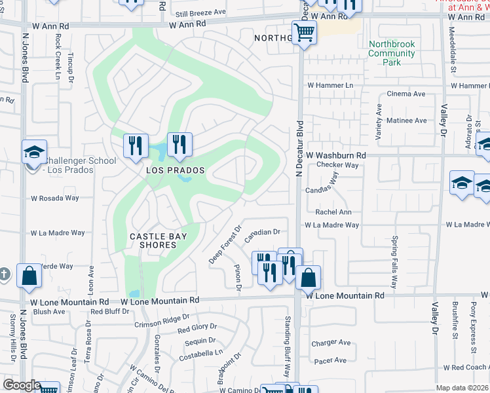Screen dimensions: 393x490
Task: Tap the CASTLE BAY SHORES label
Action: pos(157,240)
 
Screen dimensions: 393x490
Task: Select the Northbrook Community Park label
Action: pos(392,54)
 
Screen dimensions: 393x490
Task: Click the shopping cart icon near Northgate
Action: pos(304,31)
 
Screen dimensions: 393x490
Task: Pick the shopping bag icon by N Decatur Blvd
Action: pos(308,277)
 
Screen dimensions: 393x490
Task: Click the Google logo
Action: pos(22,385)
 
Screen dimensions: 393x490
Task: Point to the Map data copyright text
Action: pos(462,388)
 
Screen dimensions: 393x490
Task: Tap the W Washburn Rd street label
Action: pos(335,155)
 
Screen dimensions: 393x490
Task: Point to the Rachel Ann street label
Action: pos(333,212)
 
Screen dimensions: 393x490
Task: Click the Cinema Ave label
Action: pos(407,94)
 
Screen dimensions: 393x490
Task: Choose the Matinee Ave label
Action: pos(406,121)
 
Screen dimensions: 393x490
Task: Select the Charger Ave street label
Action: pos(331,343)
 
